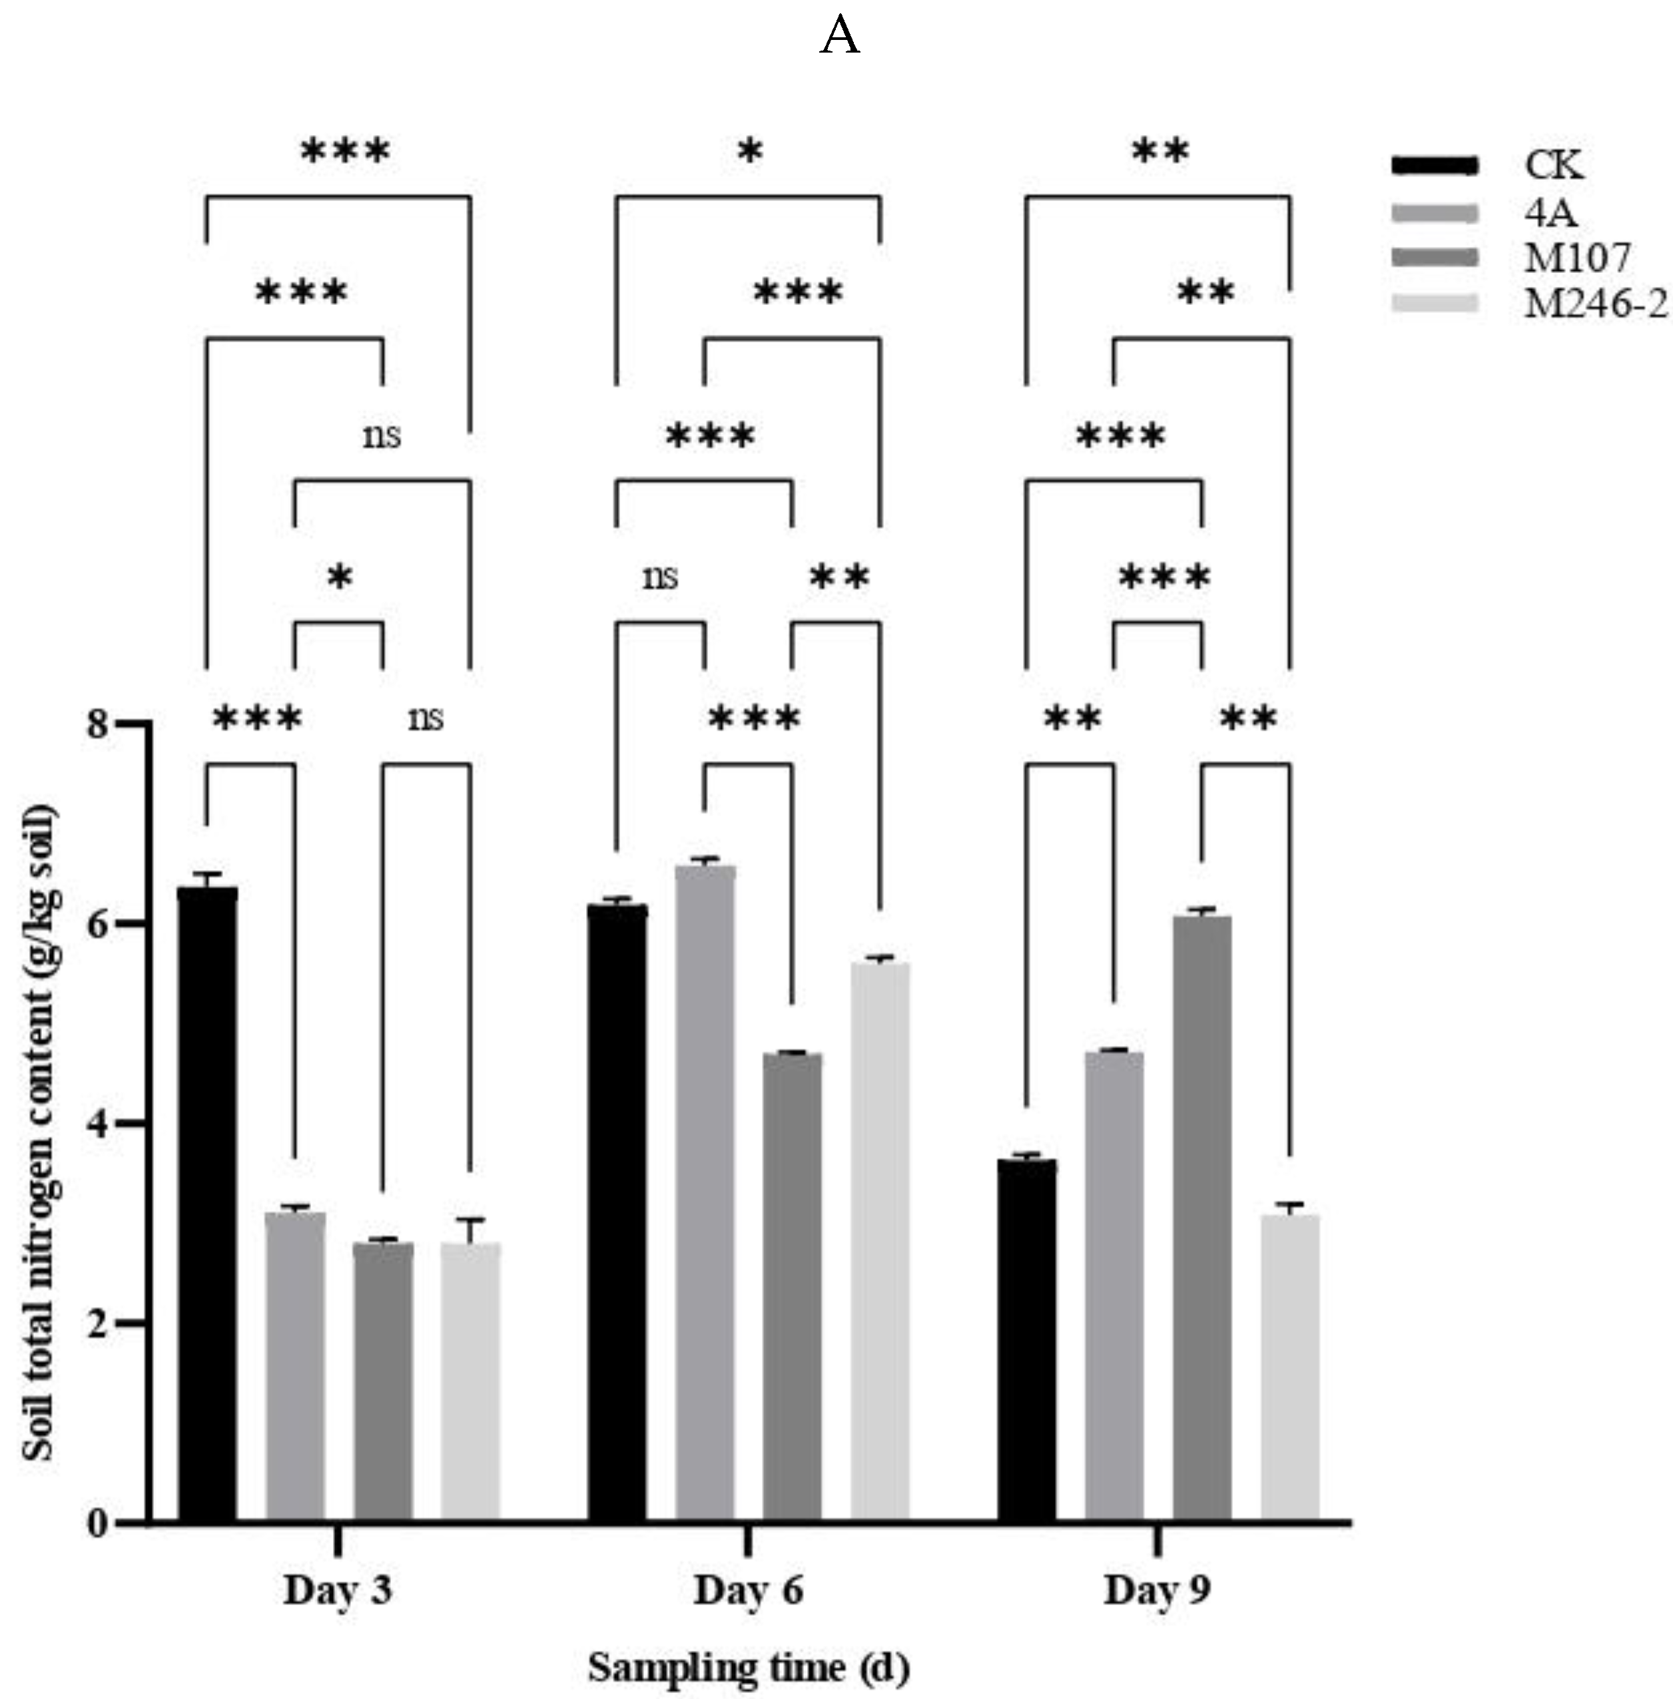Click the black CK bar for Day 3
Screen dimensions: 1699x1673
207,1204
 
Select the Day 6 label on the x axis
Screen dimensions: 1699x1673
748,1590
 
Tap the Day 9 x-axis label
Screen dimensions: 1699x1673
1158,1590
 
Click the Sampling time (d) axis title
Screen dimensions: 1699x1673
748,1666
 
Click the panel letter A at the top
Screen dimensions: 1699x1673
839,39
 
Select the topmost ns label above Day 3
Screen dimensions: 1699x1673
382,435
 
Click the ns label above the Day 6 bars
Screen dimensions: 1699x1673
660,577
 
